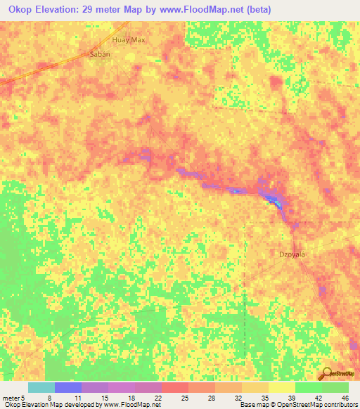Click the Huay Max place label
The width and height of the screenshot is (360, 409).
click(129, 40)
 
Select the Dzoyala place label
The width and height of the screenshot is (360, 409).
click(292, 254)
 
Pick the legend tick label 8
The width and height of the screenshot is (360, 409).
click(49, 398)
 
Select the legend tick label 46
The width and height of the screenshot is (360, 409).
click(345, 398)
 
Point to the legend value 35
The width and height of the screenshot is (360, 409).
click(264, 398)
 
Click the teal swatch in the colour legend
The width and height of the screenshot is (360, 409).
click(41, 387)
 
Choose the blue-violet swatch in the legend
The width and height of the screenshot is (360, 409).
click(67, 387)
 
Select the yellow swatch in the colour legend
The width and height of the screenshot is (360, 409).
click(281, 387)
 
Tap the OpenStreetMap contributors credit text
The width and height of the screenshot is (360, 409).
click(316, 405)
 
